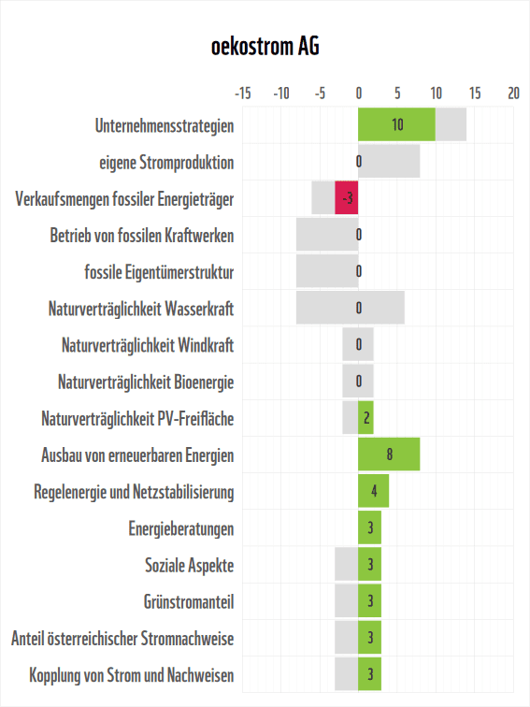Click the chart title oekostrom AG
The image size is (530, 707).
[x=265, y=46]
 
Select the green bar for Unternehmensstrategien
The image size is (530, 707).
[x=396, y=124]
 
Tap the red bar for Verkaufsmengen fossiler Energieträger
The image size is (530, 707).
[x=347, y=198]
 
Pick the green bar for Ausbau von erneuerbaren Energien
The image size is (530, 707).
[x=389, y=454]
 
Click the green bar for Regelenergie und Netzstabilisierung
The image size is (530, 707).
[x=373, y=491]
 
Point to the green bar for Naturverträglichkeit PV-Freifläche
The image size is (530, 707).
[x=365, y=418]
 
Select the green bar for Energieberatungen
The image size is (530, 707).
[x=369, y=527]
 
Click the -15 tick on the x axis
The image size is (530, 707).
[x=242, y=94]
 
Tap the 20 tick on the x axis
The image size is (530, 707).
[x=513, y=94]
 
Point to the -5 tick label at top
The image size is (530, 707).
[x=319, y=94]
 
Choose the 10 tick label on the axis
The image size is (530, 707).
[x=436, y=94]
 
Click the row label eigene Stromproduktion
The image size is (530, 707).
[x=166, y=162]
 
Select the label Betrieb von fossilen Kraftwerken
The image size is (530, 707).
[x=141, y=235]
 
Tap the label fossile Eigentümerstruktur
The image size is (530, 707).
[x=159, y=272]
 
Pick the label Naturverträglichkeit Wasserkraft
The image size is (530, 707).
[x=140, y=309]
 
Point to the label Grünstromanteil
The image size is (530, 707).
[x=188, y=601]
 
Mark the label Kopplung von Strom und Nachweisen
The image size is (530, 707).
[x=132, y=674]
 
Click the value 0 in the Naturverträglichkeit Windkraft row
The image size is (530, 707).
[x=359, y=345]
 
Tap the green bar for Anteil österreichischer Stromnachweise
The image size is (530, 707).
[x=369, y=638]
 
